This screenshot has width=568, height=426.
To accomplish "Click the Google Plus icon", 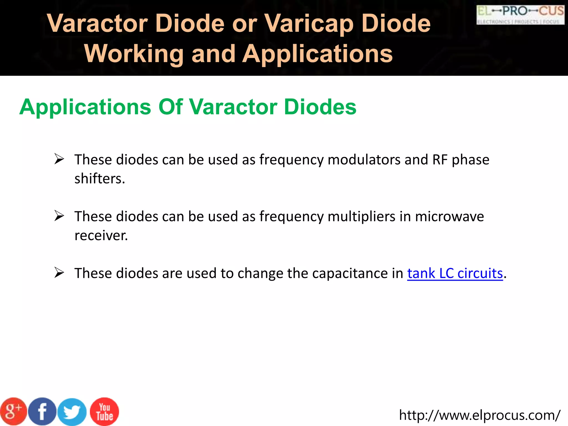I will (x=13, y=412).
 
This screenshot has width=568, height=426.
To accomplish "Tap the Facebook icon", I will (x=42, y=412).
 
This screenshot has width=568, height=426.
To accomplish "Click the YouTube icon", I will (x=105, y=412).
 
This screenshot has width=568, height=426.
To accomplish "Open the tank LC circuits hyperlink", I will (x=455, y=273).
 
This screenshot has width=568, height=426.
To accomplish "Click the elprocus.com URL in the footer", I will (x=480, y=415).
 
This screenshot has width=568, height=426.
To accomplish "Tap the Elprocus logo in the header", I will (x=520, y=15).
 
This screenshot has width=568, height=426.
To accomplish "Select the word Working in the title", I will (x=134, y=54).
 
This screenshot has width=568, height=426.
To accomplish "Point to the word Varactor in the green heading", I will (x=233, y=107).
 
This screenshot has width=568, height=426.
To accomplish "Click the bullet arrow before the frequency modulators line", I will (x=59, y=159).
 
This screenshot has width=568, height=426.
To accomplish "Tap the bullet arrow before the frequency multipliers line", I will (x=59, y=216).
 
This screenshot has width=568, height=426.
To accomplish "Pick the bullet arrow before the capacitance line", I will (x=59, y=273).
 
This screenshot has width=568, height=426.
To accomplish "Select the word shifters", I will (x=100, y=179).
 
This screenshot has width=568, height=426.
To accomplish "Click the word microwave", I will (x=449, y=217).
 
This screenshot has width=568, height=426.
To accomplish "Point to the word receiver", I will (x=101, y=236).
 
